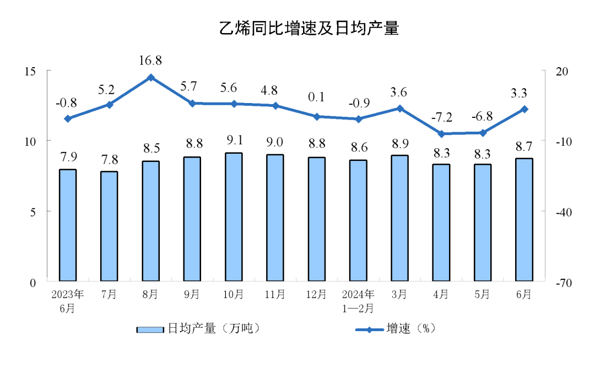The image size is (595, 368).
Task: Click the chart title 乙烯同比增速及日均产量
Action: (x=309, y=29)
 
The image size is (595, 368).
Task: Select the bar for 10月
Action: (x=234, y=217)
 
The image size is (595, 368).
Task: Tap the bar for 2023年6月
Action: (x=68, y=225)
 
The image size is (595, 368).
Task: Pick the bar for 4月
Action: (x=441, y=223)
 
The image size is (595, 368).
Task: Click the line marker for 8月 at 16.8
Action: (x=150, y=78)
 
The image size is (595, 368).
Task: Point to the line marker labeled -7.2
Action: (x=441, y=134)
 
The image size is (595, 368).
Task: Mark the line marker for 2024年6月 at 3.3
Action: (x=524, y=109)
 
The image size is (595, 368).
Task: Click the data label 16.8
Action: (x=150, y=59)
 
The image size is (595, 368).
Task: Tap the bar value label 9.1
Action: (x=234, y=140)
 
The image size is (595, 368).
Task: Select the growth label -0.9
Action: (x=358, y=103)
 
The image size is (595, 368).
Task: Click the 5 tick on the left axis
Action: (x=33, y=212)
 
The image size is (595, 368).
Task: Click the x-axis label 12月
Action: (x=316, y=295)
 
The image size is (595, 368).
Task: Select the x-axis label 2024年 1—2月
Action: (x=358, y=301)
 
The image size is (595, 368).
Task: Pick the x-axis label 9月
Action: (x=192, y=295)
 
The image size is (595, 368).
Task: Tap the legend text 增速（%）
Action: (x=411, y=329)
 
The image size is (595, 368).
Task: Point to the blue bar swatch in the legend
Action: (x=150, y=329)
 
